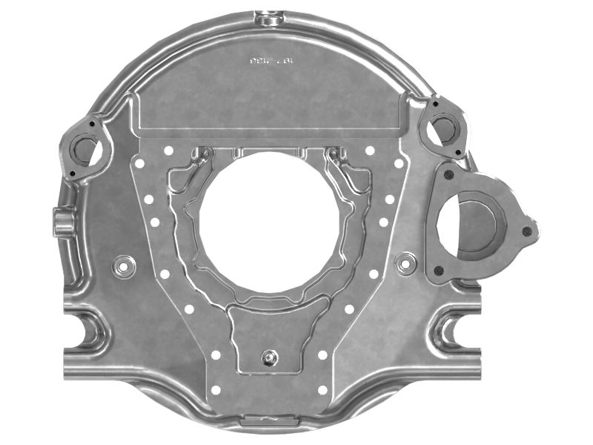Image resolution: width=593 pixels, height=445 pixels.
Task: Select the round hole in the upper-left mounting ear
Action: pos(85,151)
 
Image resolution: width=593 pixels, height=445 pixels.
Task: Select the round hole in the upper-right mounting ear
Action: pos(445,129)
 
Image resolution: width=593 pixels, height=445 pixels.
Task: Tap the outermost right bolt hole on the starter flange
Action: pos(527,231)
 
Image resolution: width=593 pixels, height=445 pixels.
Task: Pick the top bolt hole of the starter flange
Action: pos(449,175)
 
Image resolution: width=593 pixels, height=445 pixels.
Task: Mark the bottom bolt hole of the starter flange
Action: pos(439,271)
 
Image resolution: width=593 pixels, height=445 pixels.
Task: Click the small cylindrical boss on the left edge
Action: pos(62,222)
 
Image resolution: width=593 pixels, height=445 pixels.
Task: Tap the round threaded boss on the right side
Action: pos(405,263)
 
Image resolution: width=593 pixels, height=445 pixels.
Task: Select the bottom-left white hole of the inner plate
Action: pos(216,389)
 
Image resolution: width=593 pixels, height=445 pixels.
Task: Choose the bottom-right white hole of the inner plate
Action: pos(322,389)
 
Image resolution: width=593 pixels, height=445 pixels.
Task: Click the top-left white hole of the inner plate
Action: pos(169,151)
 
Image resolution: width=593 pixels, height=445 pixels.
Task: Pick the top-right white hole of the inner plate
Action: pos(370,151)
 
